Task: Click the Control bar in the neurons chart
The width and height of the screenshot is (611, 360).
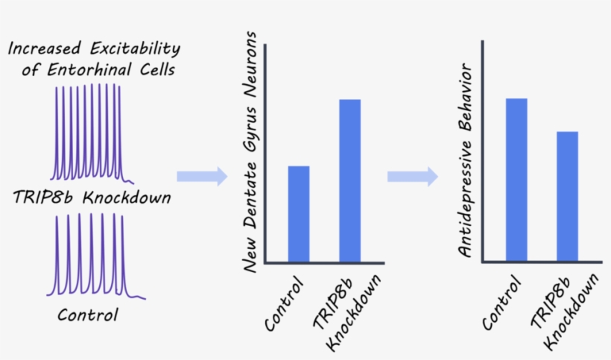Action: (298, 214)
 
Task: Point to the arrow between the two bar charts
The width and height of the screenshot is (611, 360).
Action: (412, 177)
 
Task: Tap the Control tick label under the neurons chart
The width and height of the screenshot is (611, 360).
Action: (284, 306)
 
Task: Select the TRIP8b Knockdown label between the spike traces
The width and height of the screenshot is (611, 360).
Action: (92, 198)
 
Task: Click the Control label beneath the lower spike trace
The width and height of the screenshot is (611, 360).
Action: (88, 315)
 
